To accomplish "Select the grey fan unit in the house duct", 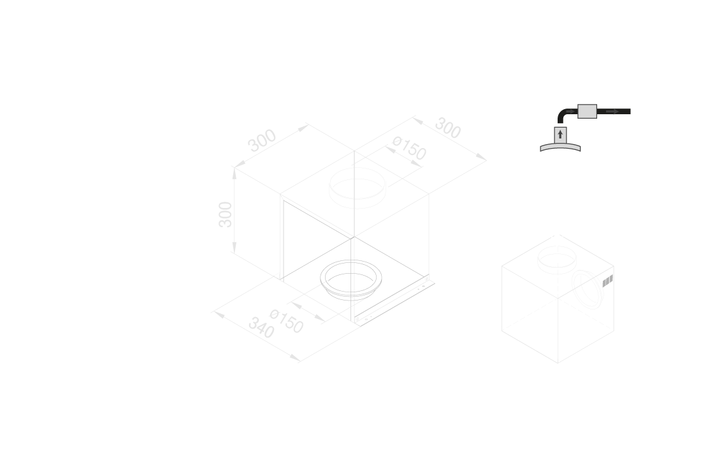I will [x=586, y=112].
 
